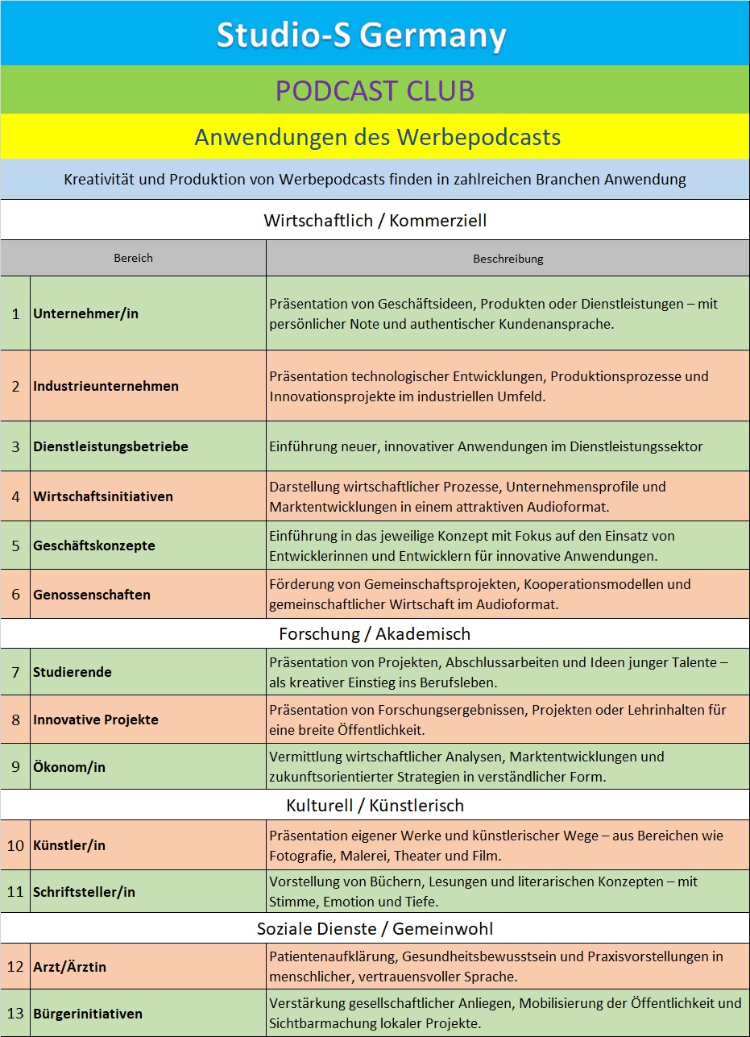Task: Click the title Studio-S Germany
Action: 361,35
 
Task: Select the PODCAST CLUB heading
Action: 375,91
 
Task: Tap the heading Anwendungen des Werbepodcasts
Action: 377,137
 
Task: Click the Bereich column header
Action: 133,258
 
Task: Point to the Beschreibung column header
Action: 508,259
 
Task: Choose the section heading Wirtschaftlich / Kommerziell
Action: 375,220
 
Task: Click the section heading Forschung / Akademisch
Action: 375,634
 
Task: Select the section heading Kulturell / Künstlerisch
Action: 375,806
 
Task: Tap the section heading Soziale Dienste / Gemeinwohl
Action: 375,928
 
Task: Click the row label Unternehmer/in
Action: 85,313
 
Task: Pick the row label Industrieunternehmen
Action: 106,386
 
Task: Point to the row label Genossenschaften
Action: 92,595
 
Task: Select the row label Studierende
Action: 73,672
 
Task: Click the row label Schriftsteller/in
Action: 84,892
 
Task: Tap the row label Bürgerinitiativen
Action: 88,1014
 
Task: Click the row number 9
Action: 15,766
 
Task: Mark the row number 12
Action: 15,966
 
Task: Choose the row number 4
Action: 15,496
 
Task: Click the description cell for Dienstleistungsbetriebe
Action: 486,446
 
